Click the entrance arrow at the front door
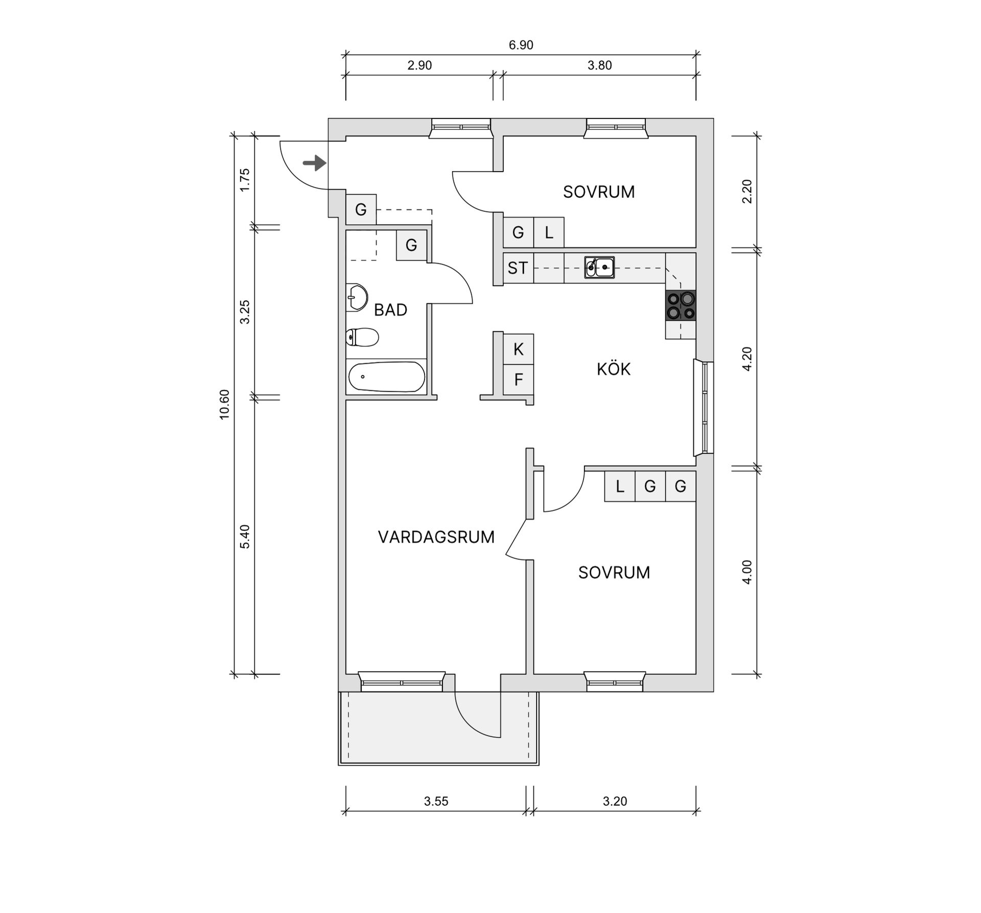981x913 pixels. (x=314, y=163)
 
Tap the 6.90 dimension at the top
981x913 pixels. (x=521, y=45)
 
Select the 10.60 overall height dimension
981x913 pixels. (x=225, y=404)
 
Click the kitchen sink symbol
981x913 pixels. (x=599, y=267)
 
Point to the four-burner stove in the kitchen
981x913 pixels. (x=680, y=305)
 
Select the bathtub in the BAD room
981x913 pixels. (x=386, y=377)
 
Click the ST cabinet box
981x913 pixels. (x=518, y=268)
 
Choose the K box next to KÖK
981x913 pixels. (x=519, y=349)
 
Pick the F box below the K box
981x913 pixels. (x=519, y=380)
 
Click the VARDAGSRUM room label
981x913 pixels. (x=436, y=537)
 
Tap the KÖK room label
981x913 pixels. (x=613, y=369)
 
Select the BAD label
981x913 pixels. (x=390, y=310)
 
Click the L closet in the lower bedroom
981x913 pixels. (x=620, y=486)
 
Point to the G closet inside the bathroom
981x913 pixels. (x=411, y=245)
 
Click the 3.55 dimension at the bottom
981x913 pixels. (x=436, y=801)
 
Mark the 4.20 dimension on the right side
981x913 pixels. (x=747, y=359)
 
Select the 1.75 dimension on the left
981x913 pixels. (x=245, y=180)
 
